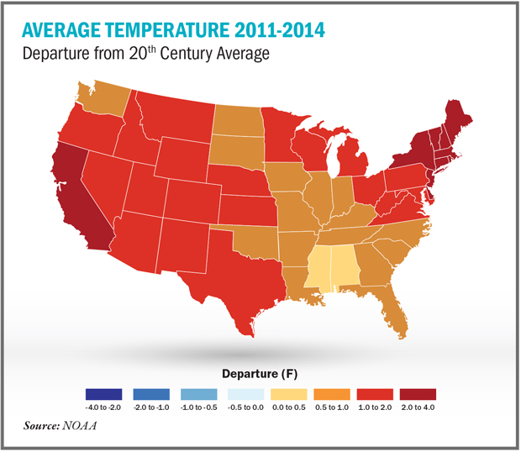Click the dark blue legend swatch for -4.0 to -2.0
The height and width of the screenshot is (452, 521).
(103, 394)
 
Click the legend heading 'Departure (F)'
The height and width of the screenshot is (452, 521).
(260, 371)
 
